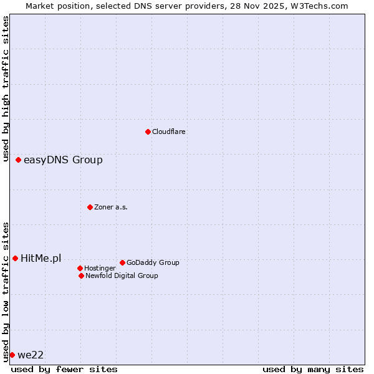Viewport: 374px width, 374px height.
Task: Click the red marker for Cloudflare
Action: click(148, 132)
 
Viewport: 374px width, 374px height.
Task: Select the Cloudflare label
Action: click(169, 132)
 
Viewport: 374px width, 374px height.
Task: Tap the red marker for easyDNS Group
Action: click(19, 160)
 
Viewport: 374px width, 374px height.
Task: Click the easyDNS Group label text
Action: click(63, 160)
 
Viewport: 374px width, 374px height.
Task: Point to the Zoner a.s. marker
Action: click(90, 207)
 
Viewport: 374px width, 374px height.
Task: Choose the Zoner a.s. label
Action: click(111, 207)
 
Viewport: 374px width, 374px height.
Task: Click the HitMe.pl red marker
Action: click(16, 258)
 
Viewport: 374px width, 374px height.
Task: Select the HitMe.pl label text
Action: click(41, 259)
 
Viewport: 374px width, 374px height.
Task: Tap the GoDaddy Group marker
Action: click(122, 262)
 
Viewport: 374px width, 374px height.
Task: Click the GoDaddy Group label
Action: click(153, 262)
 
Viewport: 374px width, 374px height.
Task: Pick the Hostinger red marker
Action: click(80, 268)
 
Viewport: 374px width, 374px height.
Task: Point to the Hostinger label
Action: click(100, 268)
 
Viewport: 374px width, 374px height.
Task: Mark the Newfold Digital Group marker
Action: click(81, 276)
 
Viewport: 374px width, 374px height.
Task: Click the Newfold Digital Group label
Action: click(122, 276)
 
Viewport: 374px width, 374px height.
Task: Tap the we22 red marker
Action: click(12, 355)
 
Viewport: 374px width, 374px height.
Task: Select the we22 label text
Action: click(31, 355)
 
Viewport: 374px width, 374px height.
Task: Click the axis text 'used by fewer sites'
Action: click(64, 369)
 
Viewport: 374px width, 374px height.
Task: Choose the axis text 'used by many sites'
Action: click(313, 369)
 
